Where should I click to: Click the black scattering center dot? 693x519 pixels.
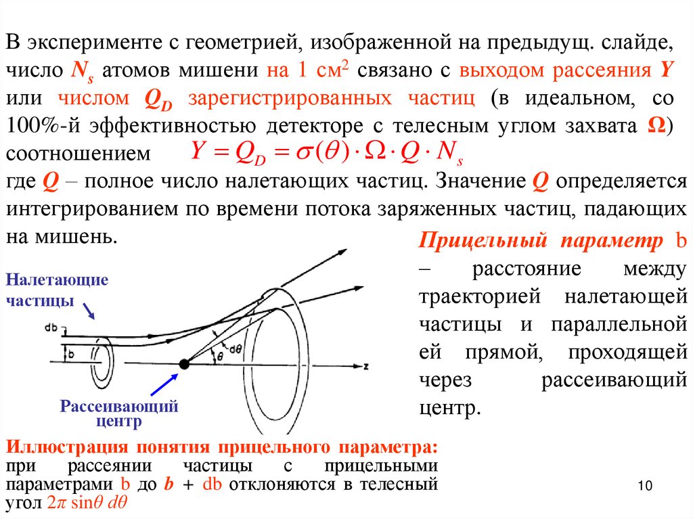183,365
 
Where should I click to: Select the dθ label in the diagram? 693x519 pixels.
236,349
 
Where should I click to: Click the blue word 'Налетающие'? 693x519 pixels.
58,280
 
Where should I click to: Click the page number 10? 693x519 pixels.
644,486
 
